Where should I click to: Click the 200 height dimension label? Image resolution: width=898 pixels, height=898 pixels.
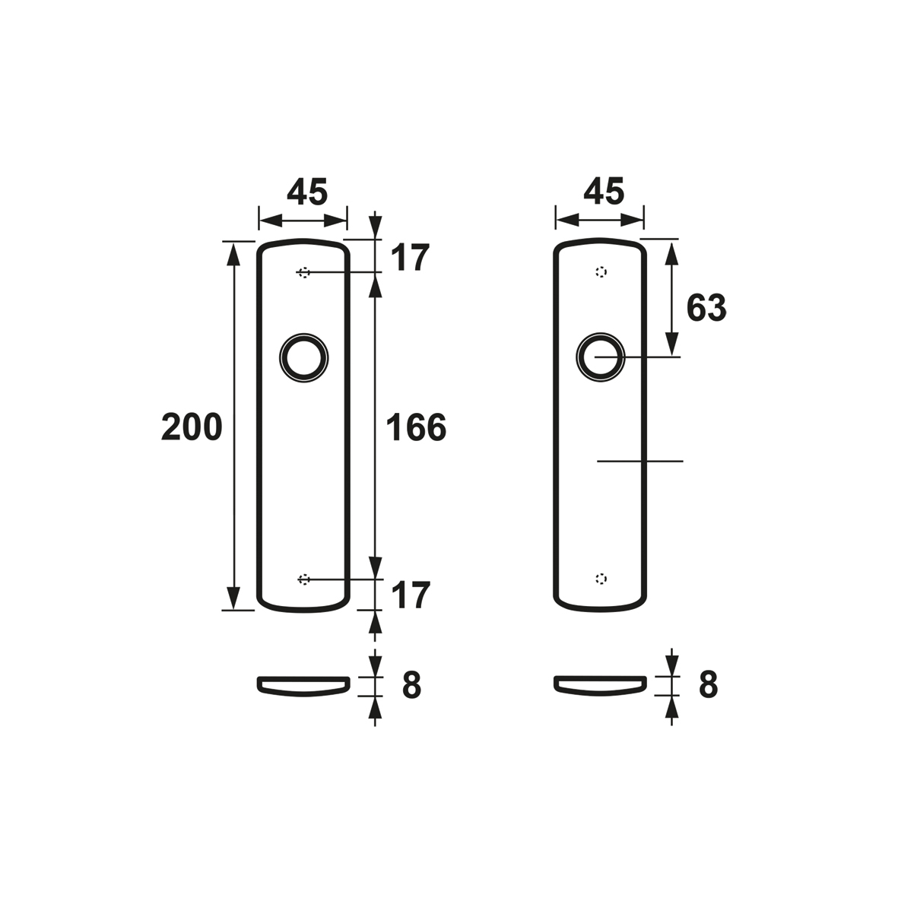pyautogui.click(x=192, y=427)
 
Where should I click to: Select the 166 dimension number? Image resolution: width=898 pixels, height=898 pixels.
pyautogui.click(x=416, y=427)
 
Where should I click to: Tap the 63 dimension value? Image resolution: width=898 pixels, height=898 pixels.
pyautogui.click(x=706, y=307)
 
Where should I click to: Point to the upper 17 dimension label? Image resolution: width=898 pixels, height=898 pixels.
pyautogui.click(x=410, y=258)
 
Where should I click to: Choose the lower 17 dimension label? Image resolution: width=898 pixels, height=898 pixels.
pyautogui.click(x=410, y=595)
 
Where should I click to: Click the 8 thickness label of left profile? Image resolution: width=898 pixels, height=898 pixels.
pyautogui.click(x=412, y=685)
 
